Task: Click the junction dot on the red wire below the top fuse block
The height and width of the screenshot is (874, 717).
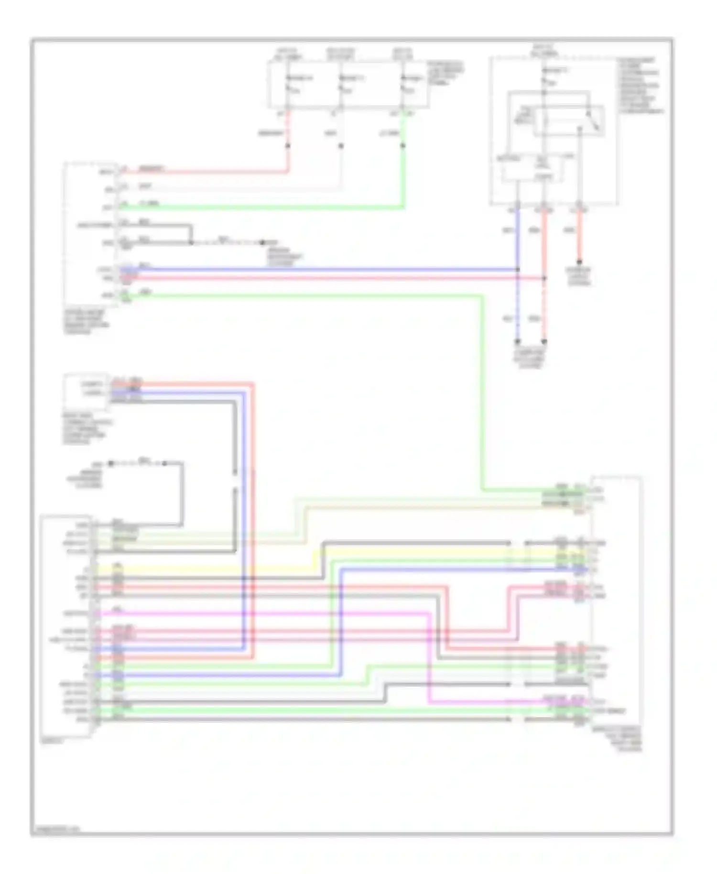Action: click(288, 145)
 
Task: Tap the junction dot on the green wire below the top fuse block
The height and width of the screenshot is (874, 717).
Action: click(403, 145)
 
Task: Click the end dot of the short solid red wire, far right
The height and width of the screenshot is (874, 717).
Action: click(579, 262)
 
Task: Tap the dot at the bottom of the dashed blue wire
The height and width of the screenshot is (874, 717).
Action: click(517, 342)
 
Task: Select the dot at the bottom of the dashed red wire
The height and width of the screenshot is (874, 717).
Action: click(544, 342)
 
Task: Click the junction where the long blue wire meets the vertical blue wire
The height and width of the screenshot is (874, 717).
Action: click(517, 270)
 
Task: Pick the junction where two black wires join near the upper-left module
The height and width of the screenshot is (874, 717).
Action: click(191, 242)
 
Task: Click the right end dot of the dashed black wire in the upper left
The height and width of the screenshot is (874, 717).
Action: click(262, 242)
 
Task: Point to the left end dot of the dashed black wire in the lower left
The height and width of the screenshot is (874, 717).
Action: click(111, 463)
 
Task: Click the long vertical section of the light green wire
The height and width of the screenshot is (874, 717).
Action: click(482, 392)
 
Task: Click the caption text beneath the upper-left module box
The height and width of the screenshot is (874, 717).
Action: click(86, 322)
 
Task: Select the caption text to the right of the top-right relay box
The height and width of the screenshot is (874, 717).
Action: click(641, 86)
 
